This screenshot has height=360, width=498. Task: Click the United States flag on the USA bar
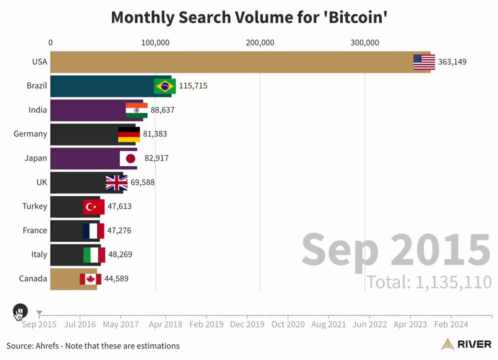point(424,62)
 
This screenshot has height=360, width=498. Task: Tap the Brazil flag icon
point(165,86)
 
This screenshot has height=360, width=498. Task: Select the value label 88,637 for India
point(162,110)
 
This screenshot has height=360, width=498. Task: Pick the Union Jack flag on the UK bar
point(116,182)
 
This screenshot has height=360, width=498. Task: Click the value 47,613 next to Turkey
point(119,206)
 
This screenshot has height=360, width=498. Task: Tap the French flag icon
point(93,230)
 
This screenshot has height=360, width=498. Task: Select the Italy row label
point(39,254)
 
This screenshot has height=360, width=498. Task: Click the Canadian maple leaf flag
point(90,278)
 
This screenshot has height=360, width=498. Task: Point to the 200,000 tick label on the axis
point(260,43)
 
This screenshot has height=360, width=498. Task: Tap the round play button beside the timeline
point(19,312)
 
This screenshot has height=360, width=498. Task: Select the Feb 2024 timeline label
point(451,324)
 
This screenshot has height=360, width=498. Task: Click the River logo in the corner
point(467,344)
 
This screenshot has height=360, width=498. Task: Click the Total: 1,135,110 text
point(429,282)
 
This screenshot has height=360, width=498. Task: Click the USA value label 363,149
point(452,62)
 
